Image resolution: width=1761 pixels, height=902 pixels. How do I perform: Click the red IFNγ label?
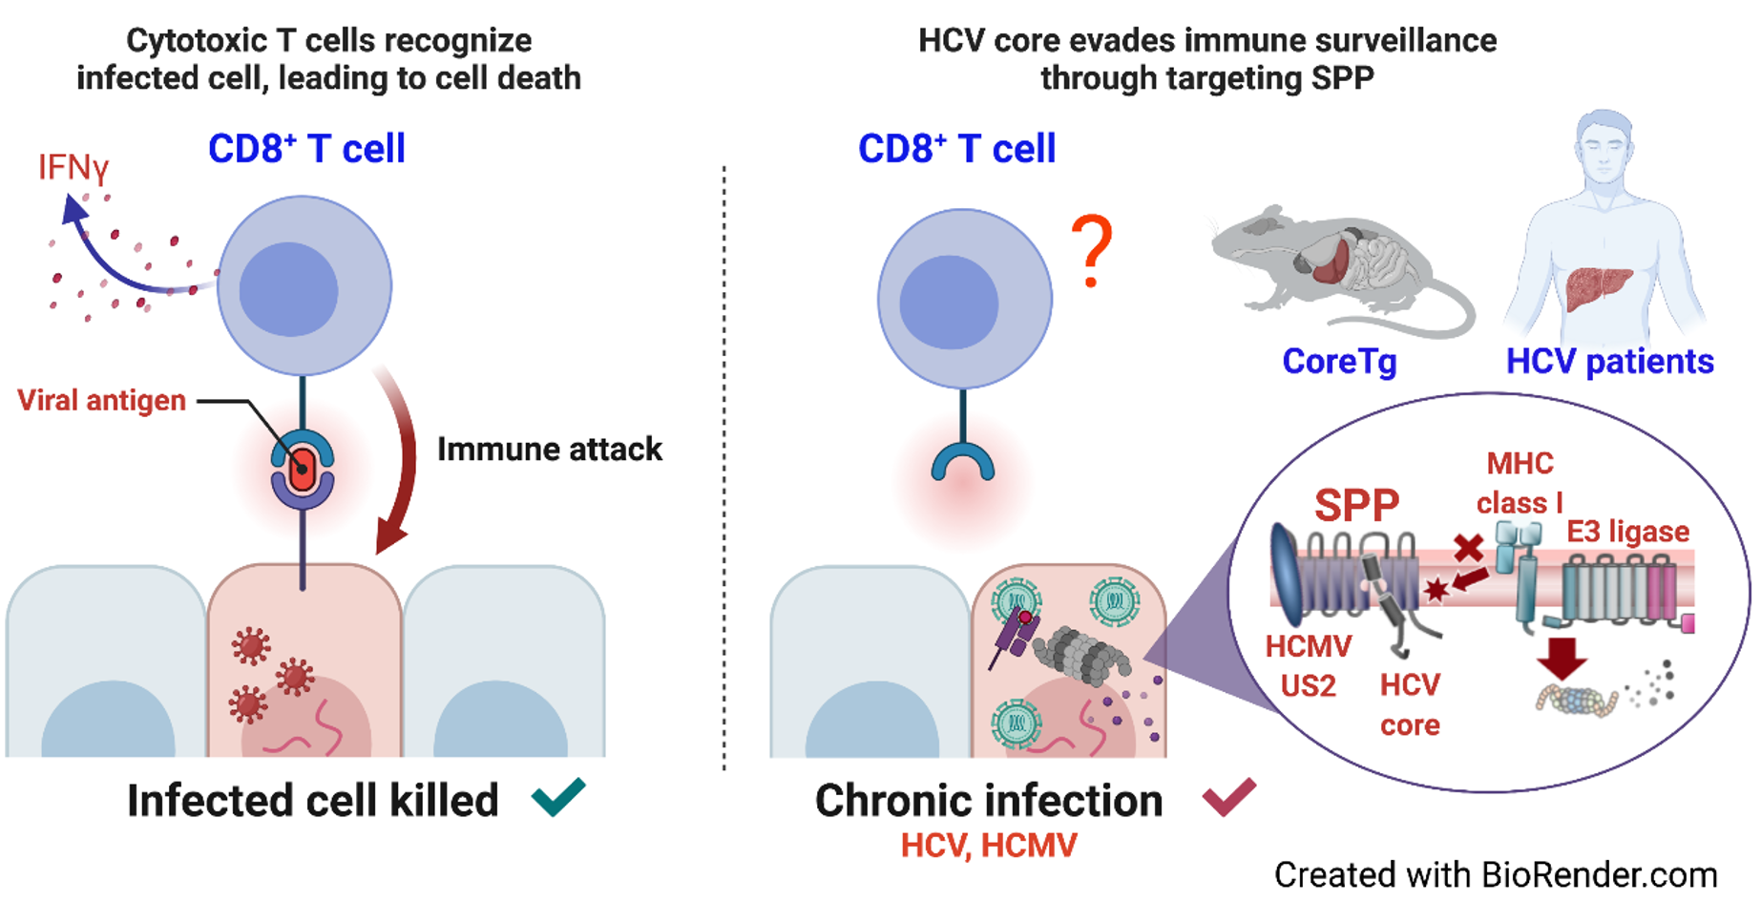pyautogui.click(x=73, y=168)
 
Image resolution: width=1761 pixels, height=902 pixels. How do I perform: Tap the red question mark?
pyautogui.click(x=1092, y=250)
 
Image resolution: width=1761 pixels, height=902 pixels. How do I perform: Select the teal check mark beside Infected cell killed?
pyautogui.click(x=558, y=797)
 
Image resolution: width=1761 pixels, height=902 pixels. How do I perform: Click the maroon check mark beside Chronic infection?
pyautogui.click(x=1229, y=797)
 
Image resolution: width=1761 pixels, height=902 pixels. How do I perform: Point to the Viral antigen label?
pyautogui.click(x=101, y=400)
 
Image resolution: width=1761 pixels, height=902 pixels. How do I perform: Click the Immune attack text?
pyautogui.click(x=549, y=449)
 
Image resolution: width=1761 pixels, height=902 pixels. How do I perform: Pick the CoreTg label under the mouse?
pyautogui.click(x=1339, y=362)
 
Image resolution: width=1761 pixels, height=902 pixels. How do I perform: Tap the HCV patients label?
pyautogui.click(x=1609, y=362)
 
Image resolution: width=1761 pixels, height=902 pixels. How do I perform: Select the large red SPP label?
pyautogui.click(x=1356, y=505)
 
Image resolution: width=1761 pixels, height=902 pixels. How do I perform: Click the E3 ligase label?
pyautogui.click(x=1627, y=531)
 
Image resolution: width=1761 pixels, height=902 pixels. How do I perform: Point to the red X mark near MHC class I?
pyautogui.click(x=1468, y=547)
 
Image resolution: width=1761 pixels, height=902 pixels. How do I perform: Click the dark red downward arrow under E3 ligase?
pyautogui.click(x=1562, y=658)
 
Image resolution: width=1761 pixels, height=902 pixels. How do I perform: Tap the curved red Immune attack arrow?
pyautogui.click(x=401, y=458)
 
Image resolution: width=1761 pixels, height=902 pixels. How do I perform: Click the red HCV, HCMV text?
pyautogui.click(x=989, y=846)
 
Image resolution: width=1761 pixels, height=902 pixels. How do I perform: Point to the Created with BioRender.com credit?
pyautogui.click(x=1495, y=874)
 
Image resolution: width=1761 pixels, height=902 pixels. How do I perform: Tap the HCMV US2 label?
pyautogui.click(x=1309, y=666)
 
